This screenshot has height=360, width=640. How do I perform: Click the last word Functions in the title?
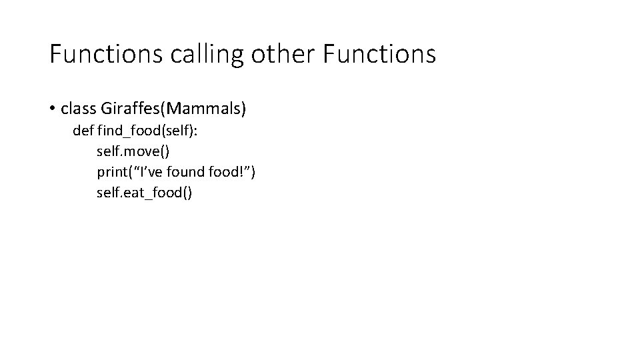pyautogui.click(x=379, y=54)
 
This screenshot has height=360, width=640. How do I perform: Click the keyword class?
pyautogui.click(x=78, y=108)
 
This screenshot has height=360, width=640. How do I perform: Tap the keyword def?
pyautogui.click(x=83, y=131)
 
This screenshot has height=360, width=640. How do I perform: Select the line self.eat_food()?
pyautogui.click(x=145, y=193)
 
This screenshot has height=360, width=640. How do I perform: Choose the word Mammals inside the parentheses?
pyautogui.click(x=209, y=108)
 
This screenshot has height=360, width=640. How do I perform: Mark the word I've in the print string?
pyautogui.click(x=151, y=172)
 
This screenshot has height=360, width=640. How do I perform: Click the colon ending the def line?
pyautogui.click(x=195, y=131)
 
